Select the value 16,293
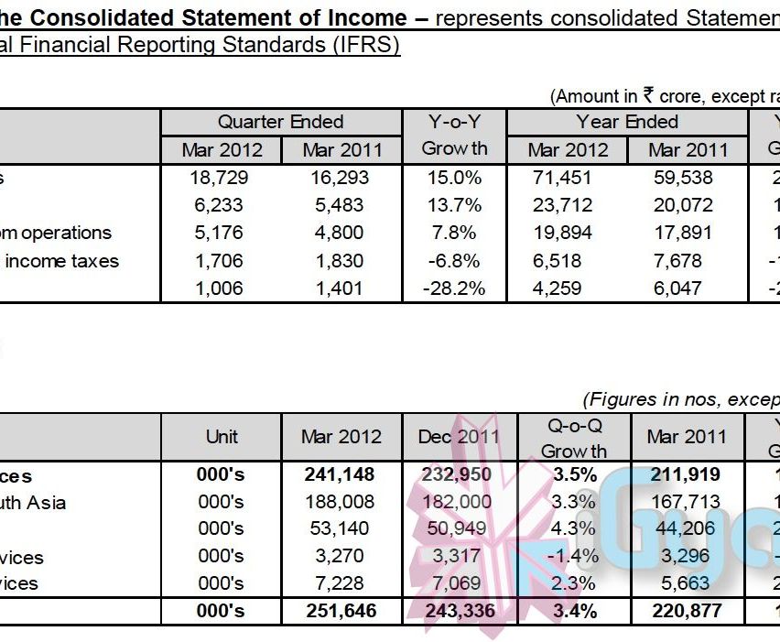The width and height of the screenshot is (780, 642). pyautogui.click(x=341, y=178)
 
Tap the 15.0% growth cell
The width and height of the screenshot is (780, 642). pyautogui.click(x=454, y=178)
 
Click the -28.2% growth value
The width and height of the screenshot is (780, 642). pyautogui.click(x=454, y=288)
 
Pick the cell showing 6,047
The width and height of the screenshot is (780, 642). pyautogui.click(x=688, y=288)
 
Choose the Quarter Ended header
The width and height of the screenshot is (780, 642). pyautogui.click(x=280, y=122)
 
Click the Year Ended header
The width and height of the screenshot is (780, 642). pyautogui.click(x=627, y=122)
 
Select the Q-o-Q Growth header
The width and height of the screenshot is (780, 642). pyautogui.click(x=574, y=438)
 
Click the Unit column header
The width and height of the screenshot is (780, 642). pyautogui.click(x=222, y=437)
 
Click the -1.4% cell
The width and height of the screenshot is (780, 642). pyautogui.click(x=574, y=556)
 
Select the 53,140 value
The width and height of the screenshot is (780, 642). pyautogui.click(x=341, y=528)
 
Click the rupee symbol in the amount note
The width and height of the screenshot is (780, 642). pyautogui.click(x=649, y=94)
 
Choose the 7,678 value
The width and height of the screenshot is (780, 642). pyautogui.click(x=688, y=261)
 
